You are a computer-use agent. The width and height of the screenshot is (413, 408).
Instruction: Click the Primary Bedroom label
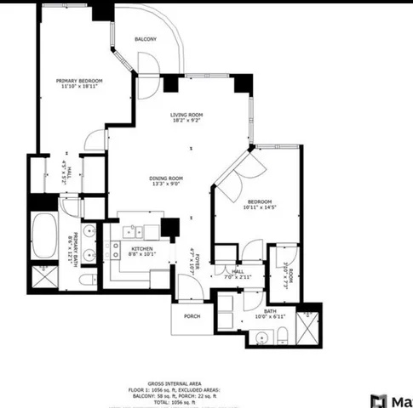pos(79,81)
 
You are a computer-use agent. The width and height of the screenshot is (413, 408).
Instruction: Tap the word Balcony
pos(146,40)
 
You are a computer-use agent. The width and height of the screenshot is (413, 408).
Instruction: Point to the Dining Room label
pos(168,178)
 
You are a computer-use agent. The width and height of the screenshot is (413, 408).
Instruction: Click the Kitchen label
pos(141,247)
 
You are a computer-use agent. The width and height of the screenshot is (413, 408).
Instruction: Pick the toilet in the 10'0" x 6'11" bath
pos(224,316)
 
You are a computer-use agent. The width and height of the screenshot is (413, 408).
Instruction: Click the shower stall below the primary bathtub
pos(41,277)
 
